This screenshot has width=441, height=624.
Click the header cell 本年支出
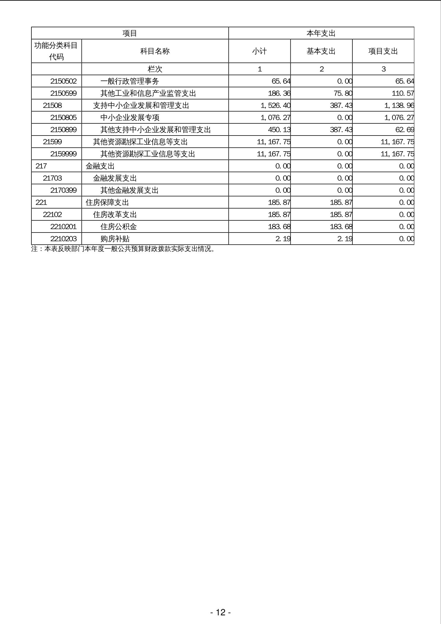pos(321,33)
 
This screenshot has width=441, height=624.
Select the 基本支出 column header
pos(321,51)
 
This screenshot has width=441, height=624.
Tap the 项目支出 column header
pos(383,51)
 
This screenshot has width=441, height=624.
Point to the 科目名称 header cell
pos(155,51)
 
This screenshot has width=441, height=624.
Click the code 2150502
pos(63,81)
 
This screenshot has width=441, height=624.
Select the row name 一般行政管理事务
pos(130,81)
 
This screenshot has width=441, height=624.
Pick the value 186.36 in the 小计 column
pos(279,93)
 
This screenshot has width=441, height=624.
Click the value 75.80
pos(342,93)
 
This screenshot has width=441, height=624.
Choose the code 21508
pos(52,106)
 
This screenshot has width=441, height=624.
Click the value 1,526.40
pos(276,106)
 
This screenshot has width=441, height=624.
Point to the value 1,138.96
pos(399,106)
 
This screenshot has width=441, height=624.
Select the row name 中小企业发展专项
pos(130,118)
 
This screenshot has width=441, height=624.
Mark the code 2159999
pos(63,154)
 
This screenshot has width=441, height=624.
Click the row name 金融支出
pos(100,166)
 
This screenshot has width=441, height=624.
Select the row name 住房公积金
pos(119,227)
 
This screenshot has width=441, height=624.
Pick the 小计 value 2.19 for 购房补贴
pos(283,239)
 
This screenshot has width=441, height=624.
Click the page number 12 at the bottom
pos(220,612)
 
